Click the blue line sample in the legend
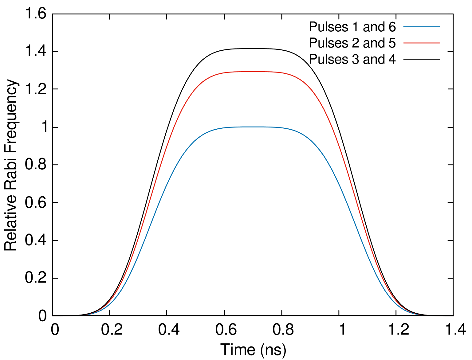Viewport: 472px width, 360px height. (421, 27)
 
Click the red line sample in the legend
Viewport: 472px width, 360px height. (421, 43)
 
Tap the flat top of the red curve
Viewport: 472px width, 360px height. (252, 72)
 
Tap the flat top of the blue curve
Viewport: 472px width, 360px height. (252, 127)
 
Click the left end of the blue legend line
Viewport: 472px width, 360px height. (404, 27)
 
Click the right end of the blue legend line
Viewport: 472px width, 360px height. (439, 27)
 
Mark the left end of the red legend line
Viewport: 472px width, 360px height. (404, 43)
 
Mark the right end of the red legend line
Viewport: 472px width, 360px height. (439, 43)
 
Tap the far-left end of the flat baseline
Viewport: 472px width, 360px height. (52, 316)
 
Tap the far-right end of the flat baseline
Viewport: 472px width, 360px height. (453, 316)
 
